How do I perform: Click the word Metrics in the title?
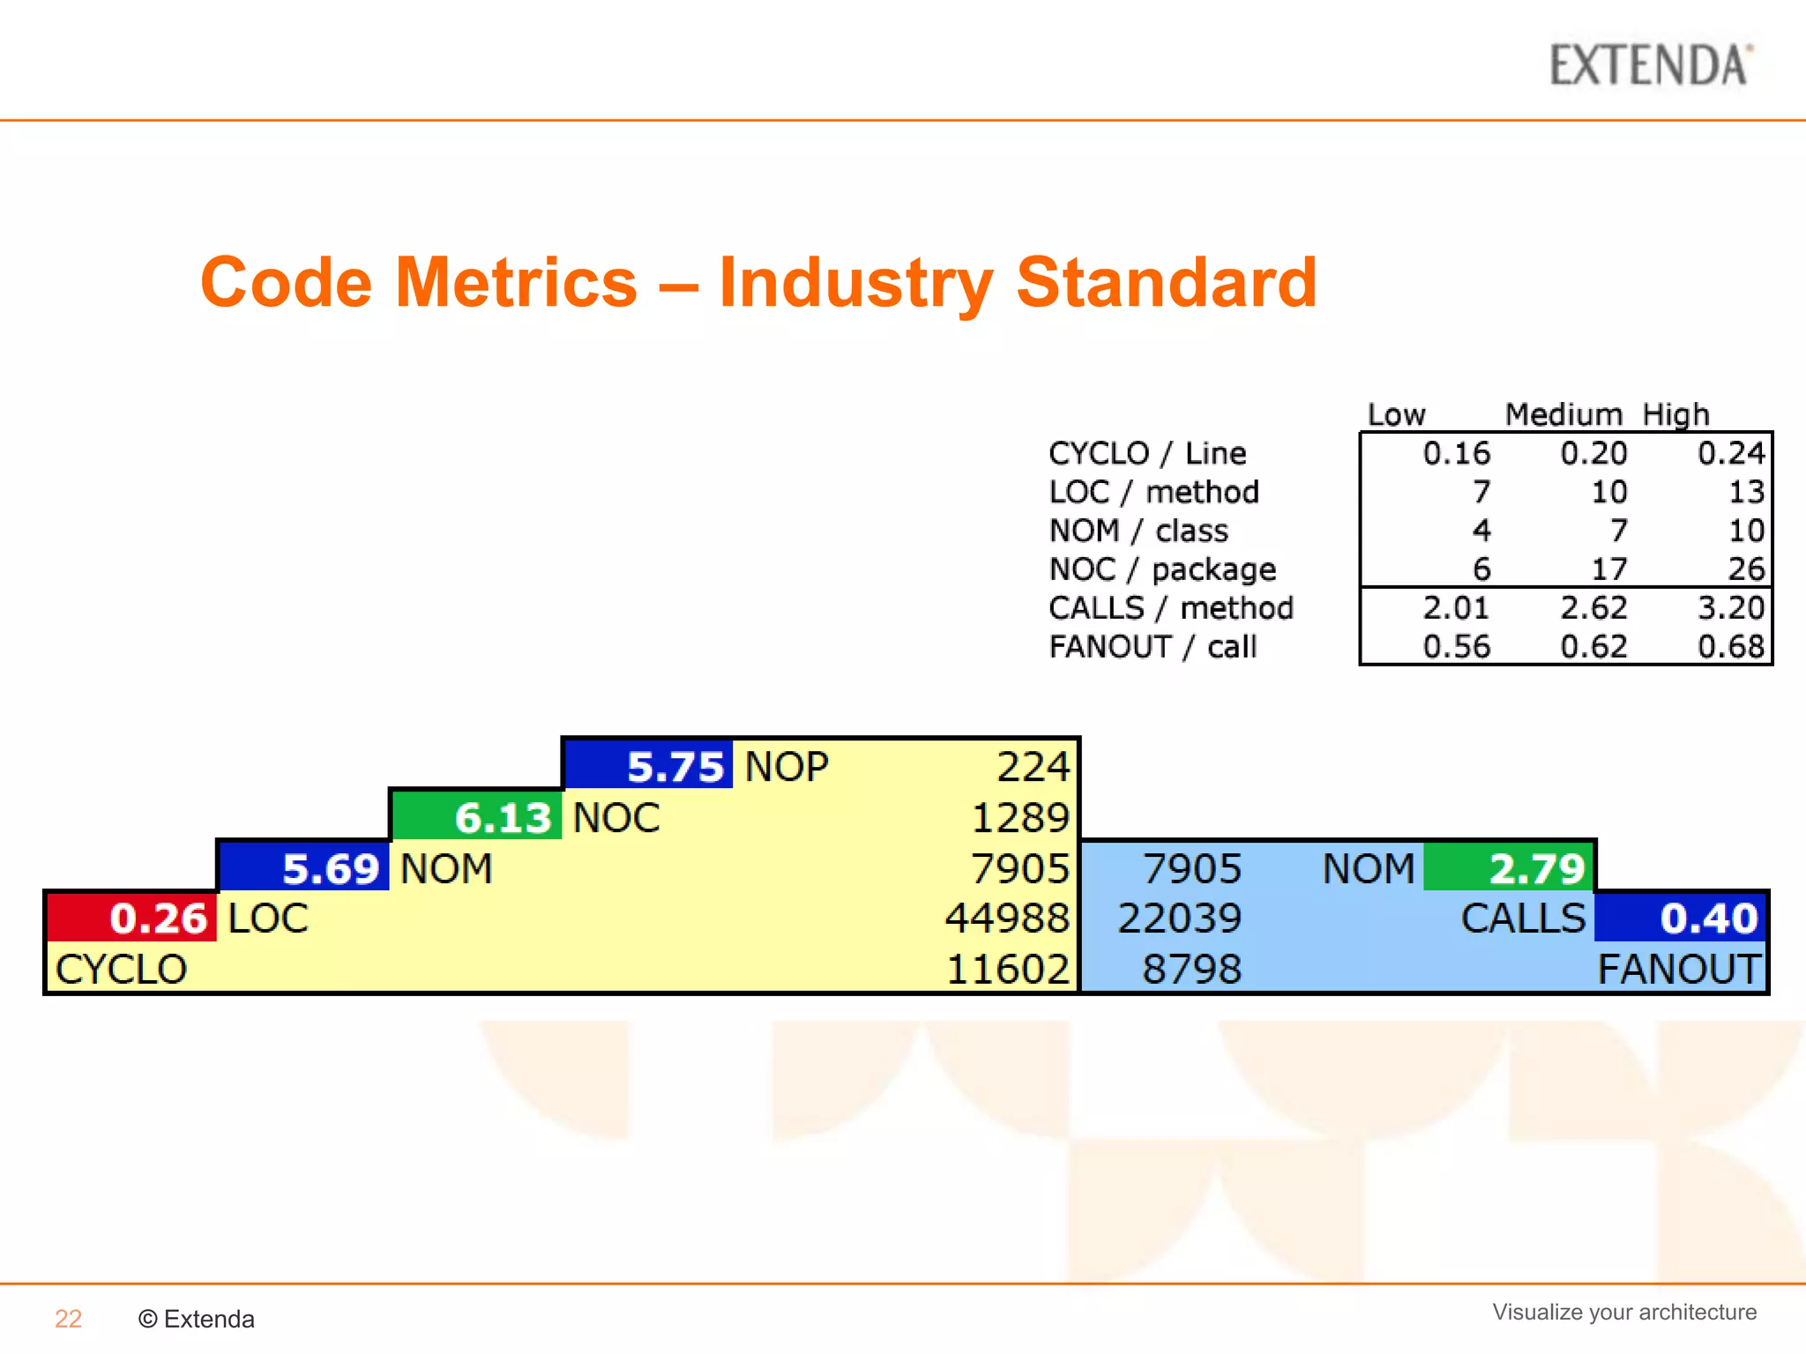point(516,283)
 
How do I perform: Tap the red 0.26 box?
point(132,918)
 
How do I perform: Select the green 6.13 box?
point(477,817)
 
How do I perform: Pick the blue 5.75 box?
point(649,766)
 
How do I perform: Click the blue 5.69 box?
point(305,868)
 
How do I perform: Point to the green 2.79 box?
point(1510,868)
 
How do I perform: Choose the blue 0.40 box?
point(1680,918)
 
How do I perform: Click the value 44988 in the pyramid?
point(1007,918)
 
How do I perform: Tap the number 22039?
point(1179,918)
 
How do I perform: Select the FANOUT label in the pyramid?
point(1679,969)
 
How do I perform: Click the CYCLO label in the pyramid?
point(121,969)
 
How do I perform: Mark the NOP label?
point(787,766)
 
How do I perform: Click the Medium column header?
point(1563,414)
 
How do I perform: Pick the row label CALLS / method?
point(1171,608)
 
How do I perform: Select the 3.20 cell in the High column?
point(1730,608)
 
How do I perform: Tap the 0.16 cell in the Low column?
point(1456,453)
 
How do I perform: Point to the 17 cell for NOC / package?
point(1608,569)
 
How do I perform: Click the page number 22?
point(68,1319)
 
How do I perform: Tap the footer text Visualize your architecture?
point(1624,1312)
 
